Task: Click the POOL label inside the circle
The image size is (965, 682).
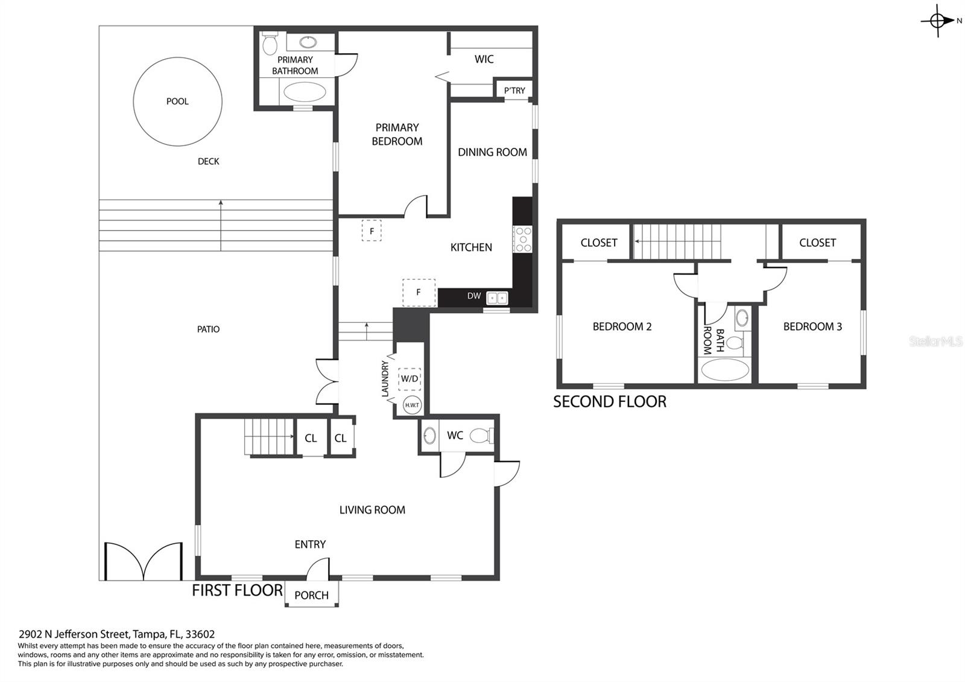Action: [x=177, y=101]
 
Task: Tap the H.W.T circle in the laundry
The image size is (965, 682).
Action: [x=412, y=405]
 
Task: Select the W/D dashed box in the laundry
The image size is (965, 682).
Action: [x=410, y=379]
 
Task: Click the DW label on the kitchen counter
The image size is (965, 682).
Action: [x=474, y=296]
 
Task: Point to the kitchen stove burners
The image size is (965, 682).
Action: [x=522, y=239]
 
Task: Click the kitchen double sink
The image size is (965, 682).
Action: [x=497, y=298]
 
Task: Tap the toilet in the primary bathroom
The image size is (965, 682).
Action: [x=270, y=43]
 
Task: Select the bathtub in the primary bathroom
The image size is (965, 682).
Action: [x=305, y=92]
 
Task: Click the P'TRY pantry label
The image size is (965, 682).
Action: [x=514, y=91]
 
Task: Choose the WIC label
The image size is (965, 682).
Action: [x=484, y=59]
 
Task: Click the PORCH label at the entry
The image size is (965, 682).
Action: [x=311, y=595]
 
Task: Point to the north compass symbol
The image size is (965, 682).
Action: [x=938, y=21]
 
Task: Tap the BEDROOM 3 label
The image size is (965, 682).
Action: [x=812, y=327]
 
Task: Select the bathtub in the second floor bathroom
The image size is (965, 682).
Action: [x=725, y=370]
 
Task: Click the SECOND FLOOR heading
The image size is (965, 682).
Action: [x=610, y=402]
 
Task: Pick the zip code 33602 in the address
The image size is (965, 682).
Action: [x=200, y=634]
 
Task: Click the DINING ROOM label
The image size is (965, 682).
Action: [x=492, y=152]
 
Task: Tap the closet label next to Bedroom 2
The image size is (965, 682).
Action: [x=599, y=243]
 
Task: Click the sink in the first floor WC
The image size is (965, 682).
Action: [x=429, y=435]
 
